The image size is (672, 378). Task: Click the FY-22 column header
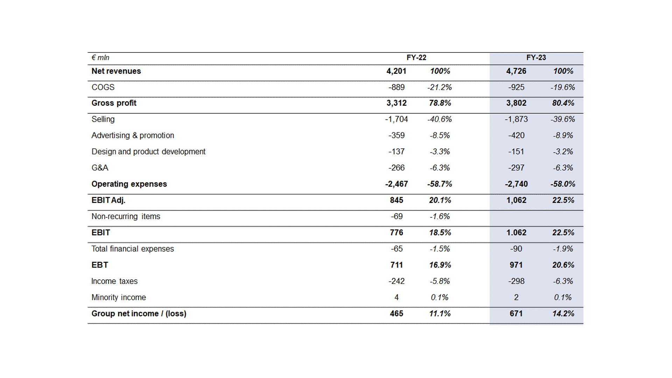(x=416, y=58)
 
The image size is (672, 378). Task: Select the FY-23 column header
(x=536, y=58)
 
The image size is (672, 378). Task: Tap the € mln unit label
(x=100, y=58)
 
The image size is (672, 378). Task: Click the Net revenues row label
(x=116, y=71)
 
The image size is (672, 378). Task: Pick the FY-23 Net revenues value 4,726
(x=516, y=71)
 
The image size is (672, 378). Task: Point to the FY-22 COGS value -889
(x=397, y=87)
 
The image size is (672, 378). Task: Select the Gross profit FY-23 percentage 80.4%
(x=563, y=103)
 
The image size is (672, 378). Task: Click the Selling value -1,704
(x=397, y=119)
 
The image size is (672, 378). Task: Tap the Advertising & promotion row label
(x=133, y=135)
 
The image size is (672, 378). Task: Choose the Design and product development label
(x=148, y=152)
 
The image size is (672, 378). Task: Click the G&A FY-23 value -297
(x=516, y=168)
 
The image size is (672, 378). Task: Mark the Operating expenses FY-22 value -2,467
(x=397, y=184)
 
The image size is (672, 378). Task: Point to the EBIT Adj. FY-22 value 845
(x=397, y=200)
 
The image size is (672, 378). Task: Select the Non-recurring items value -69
(x=397, y=216)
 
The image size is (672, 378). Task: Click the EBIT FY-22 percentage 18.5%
(x=440, y=233)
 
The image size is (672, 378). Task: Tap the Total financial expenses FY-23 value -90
(x=516, y=249)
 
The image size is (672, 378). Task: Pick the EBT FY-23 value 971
(x=516, y=265)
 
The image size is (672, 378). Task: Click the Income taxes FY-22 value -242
(x=397, y=281)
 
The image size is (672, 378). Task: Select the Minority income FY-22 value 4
(x=397, y=297)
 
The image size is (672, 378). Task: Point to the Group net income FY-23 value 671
(x=516, y=314)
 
